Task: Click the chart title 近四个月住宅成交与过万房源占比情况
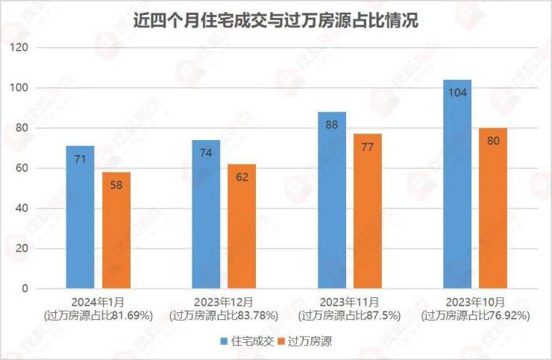coord(275,22)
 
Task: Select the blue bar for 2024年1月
coord(80,216)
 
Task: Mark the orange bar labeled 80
coord(493,208)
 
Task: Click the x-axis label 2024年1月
coord(98,302)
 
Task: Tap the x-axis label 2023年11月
coord(350,302)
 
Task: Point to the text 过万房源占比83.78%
coord(224,315)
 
